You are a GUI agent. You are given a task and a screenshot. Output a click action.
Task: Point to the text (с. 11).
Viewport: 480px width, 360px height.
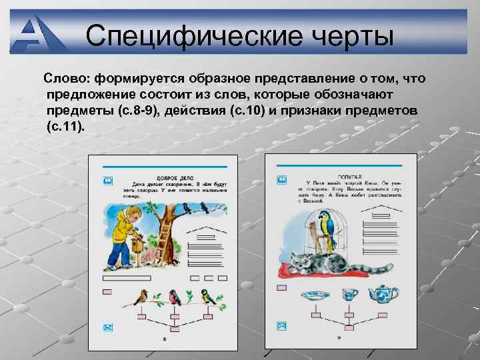pyautogui.click(x=66, y=125)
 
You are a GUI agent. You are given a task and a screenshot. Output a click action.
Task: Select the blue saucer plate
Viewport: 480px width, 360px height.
pyautogui.click(x=312, y=295)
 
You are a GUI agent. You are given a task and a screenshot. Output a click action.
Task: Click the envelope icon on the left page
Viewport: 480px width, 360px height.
pyautogui.click(x=107, y=327)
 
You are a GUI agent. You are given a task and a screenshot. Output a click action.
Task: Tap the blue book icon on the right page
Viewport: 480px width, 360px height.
pyautogui.click(x=281, y=180)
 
